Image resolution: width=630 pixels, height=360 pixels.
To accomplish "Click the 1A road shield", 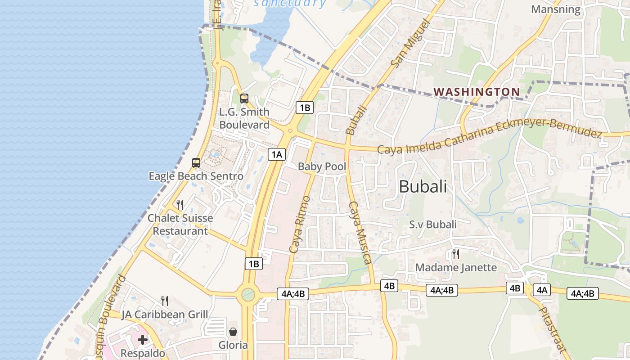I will [x=276, y=154].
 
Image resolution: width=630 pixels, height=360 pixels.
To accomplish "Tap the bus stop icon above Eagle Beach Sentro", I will [x=196, y=163].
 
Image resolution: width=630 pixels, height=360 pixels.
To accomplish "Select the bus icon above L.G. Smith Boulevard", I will [x=244, y=98].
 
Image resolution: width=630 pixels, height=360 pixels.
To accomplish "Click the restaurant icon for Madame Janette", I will [x=456, y=254].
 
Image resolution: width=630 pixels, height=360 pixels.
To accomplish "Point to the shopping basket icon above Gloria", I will [x=233, y=332].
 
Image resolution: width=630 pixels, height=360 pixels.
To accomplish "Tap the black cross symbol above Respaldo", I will [x=143, y=339].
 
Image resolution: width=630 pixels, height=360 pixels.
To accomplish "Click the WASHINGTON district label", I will [x=477, y=92].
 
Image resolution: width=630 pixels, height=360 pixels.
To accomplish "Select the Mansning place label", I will [x=556, y=9].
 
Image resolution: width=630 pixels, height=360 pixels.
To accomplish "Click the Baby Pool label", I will [x=322, y=166].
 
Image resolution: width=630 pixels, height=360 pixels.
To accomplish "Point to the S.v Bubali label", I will [x=433, y=224].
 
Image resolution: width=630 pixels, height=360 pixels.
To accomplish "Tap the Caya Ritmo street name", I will [x=300, y=224].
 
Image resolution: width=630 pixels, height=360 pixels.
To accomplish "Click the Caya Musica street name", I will [x=360, y=233].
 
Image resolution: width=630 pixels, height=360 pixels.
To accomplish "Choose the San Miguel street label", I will [x=408, y=43].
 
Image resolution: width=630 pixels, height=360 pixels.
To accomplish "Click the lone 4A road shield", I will [x=541, y=290].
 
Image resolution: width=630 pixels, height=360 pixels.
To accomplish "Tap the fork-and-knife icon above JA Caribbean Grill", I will [x=165, y=301].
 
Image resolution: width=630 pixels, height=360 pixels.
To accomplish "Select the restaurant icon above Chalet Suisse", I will [x=180, y=205].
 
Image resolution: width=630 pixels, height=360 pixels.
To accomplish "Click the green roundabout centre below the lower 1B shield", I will [x=247, y=295].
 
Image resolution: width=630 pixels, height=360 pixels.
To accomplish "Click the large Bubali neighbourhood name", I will [x=423, y=186].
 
